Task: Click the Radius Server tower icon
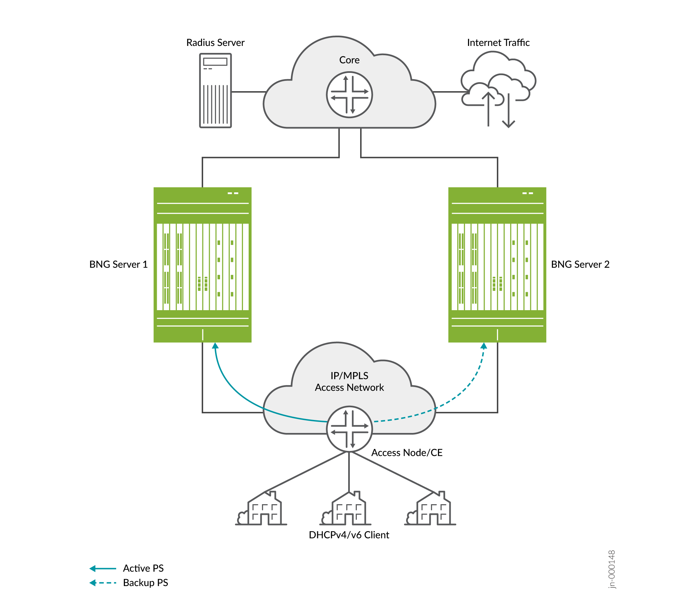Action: (x=215, y=91)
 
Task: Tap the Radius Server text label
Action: (x=215, y=43)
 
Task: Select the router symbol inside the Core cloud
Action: (x=349, y=95)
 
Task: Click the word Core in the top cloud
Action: (x=349, y=60)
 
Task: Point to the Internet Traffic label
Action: (x=498, y=43)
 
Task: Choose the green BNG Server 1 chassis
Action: (x=202, y=265)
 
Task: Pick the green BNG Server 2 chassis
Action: (x=497, y=265)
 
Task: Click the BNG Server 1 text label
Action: (x=118, y=264)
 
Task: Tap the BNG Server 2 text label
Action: (x=580, y=264)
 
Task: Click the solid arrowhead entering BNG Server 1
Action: (x=215, y=346)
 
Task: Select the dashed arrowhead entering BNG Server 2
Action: (x=484, y=346)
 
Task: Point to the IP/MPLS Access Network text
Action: (x=349, y=381)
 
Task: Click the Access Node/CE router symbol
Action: (x=349, y=429)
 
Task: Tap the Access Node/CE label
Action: (x=407, y=453)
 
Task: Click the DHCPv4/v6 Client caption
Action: (x=349, y=535)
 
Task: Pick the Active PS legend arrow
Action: (x=103, y=568)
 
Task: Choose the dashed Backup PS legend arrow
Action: (x=103, y=583)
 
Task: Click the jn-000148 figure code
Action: (x=612, y=569)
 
